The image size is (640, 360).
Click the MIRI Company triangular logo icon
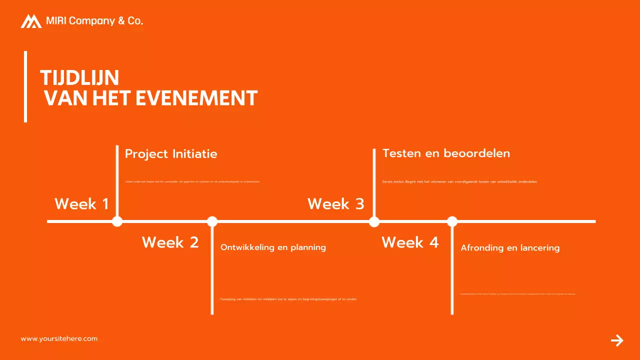click(31, 21)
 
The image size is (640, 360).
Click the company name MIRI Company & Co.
click(94, 21)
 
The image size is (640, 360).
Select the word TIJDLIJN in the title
click(79, 78)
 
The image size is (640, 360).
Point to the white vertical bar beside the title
click(25, 86)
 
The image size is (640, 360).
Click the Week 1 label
click(81, 204)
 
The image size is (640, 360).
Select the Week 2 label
click(170, 242)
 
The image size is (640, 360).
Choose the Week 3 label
click(335, 204)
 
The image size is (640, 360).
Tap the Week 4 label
click(410, 242)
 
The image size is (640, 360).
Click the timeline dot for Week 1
click(117, 221)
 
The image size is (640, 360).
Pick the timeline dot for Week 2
click(212, 221)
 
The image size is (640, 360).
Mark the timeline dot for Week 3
click(374, 221)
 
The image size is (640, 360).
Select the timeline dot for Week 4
click(452, 221)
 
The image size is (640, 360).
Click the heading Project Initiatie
click(171, 154)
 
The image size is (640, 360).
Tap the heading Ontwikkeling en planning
click(273, 247)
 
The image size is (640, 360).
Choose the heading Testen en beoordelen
click(446, 153)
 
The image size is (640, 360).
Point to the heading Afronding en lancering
click(510, 248)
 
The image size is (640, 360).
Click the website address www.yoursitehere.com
click(59, 339)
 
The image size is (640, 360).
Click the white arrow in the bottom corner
click(617, 340)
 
